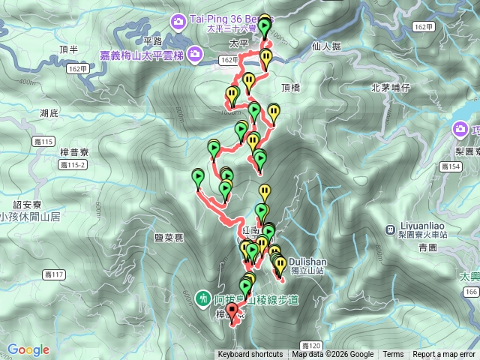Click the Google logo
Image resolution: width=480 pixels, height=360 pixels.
[x=28, y=349]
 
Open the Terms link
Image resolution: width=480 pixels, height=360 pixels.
[x=393, y=355]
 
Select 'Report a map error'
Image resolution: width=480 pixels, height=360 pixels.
[x=443, y=355]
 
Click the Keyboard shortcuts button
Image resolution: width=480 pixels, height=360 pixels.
[x=250, y=355]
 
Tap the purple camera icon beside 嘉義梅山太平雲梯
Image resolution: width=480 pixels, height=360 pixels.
[x=195, y=54]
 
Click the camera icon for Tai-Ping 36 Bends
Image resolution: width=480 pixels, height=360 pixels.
[x=177, y=19]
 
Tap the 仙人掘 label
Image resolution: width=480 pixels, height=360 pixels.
[x=325, y=46]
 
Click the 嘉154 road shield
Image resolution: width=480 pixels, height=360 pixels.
[x=451, y=167]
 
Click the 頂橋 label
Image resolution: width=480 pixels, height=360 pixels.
[x=290, y=88]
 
